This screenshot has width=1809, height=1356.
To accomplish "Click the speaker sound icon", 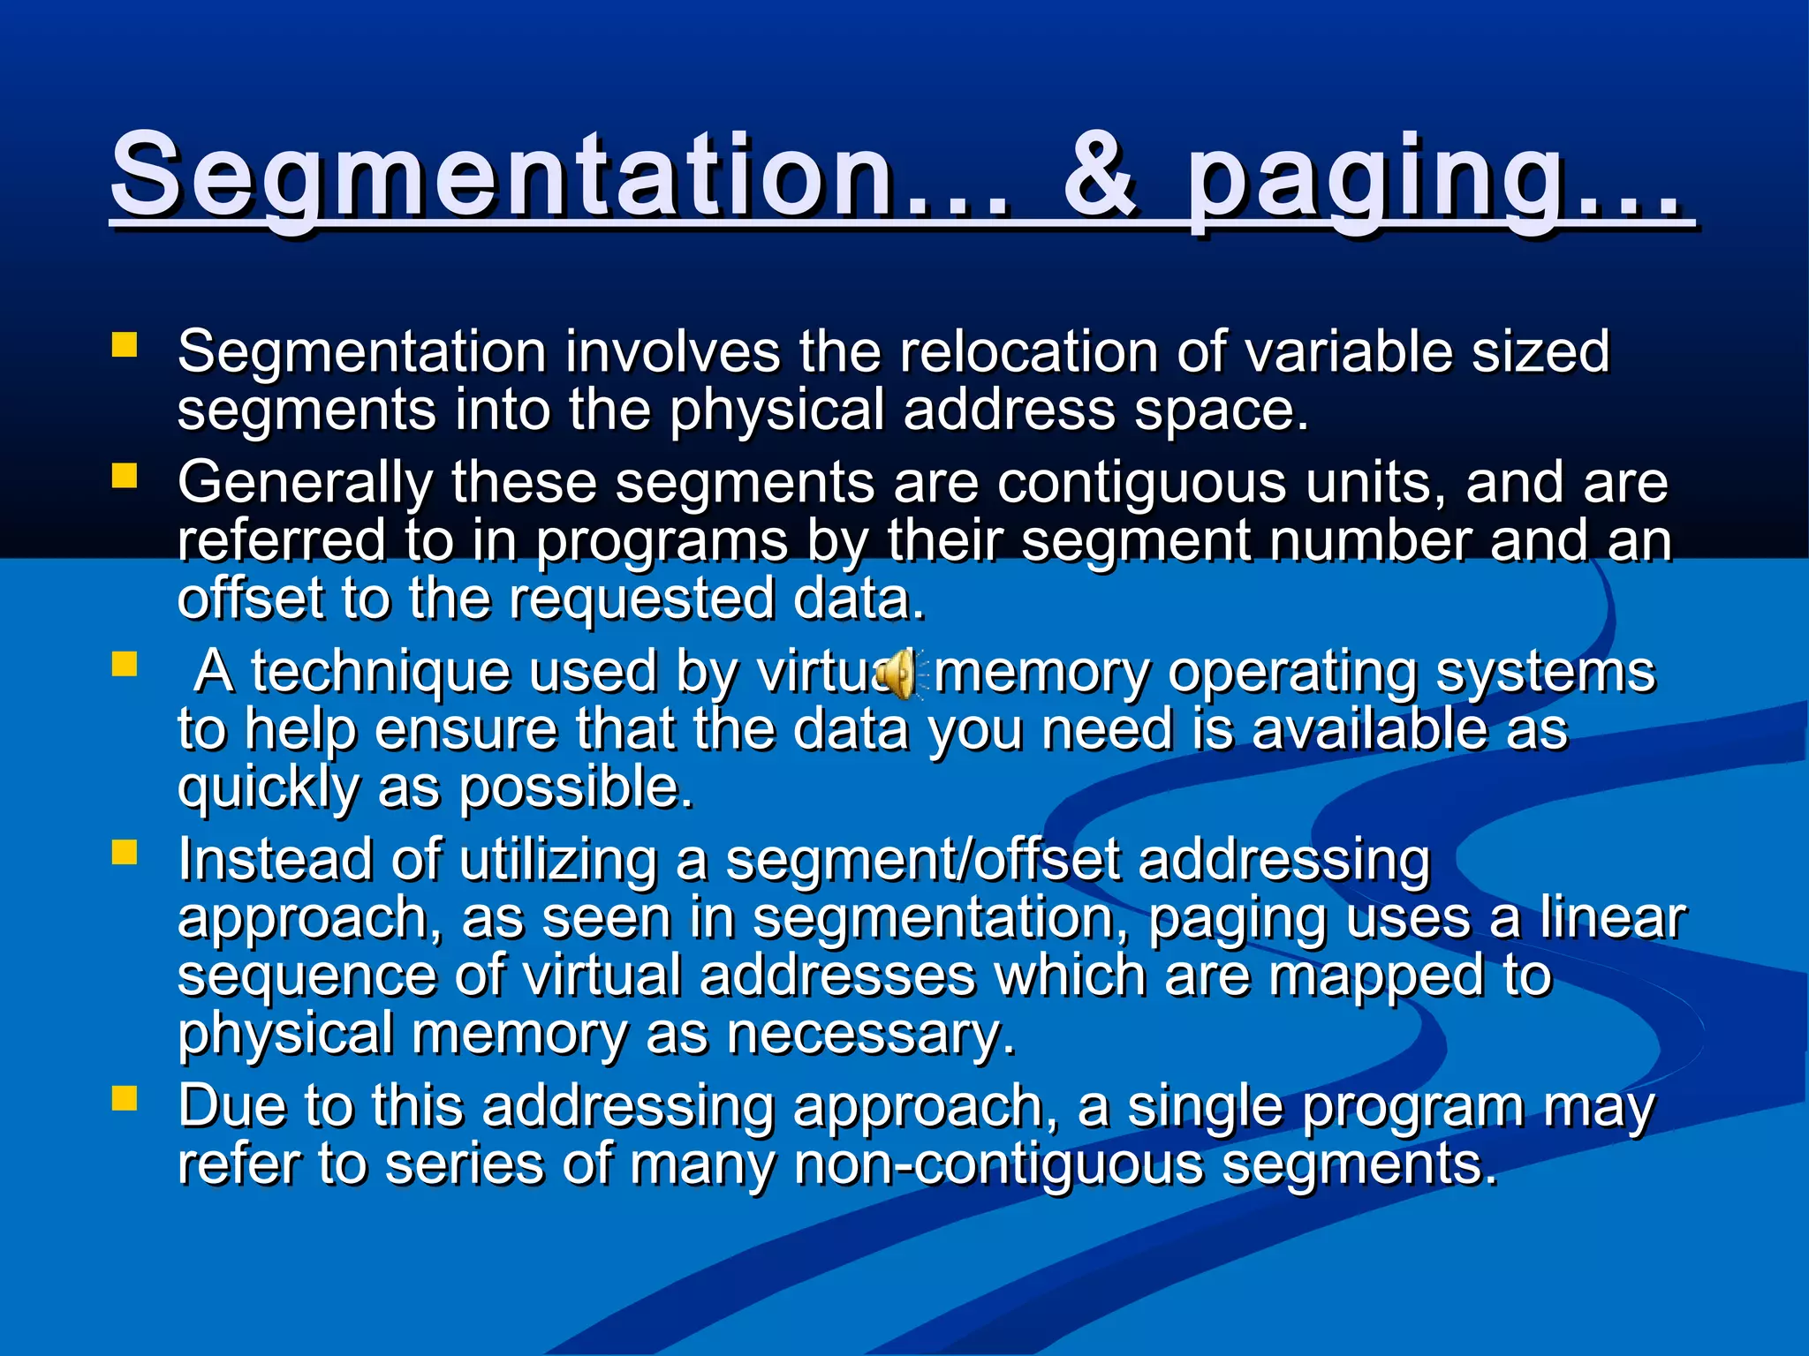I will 900,674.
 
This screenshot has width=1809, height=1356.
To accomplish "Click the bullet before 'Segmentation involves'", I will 125,344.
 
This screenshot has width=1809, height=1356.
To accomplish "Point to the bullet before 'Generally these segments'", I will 125,476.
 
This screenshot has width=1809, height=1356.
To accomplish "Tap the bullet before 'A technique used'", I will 125,664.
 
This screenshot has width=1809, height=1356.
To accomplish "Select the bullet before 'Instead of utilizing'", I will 125,852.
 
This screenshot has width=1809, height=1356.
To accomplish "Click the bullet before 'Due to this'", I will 125,1097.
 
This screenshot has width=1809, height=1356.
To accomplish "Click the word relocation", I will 1028,351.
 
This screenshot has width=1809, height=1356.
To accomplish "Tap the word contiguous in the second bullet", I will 1141,485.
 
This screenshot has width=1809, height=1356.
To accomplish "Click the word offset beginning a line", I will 251,599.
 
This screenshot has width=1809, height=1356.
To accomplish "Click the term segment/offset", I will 922,860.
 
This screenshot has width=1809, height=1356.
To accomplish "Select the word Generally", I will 305,485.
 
